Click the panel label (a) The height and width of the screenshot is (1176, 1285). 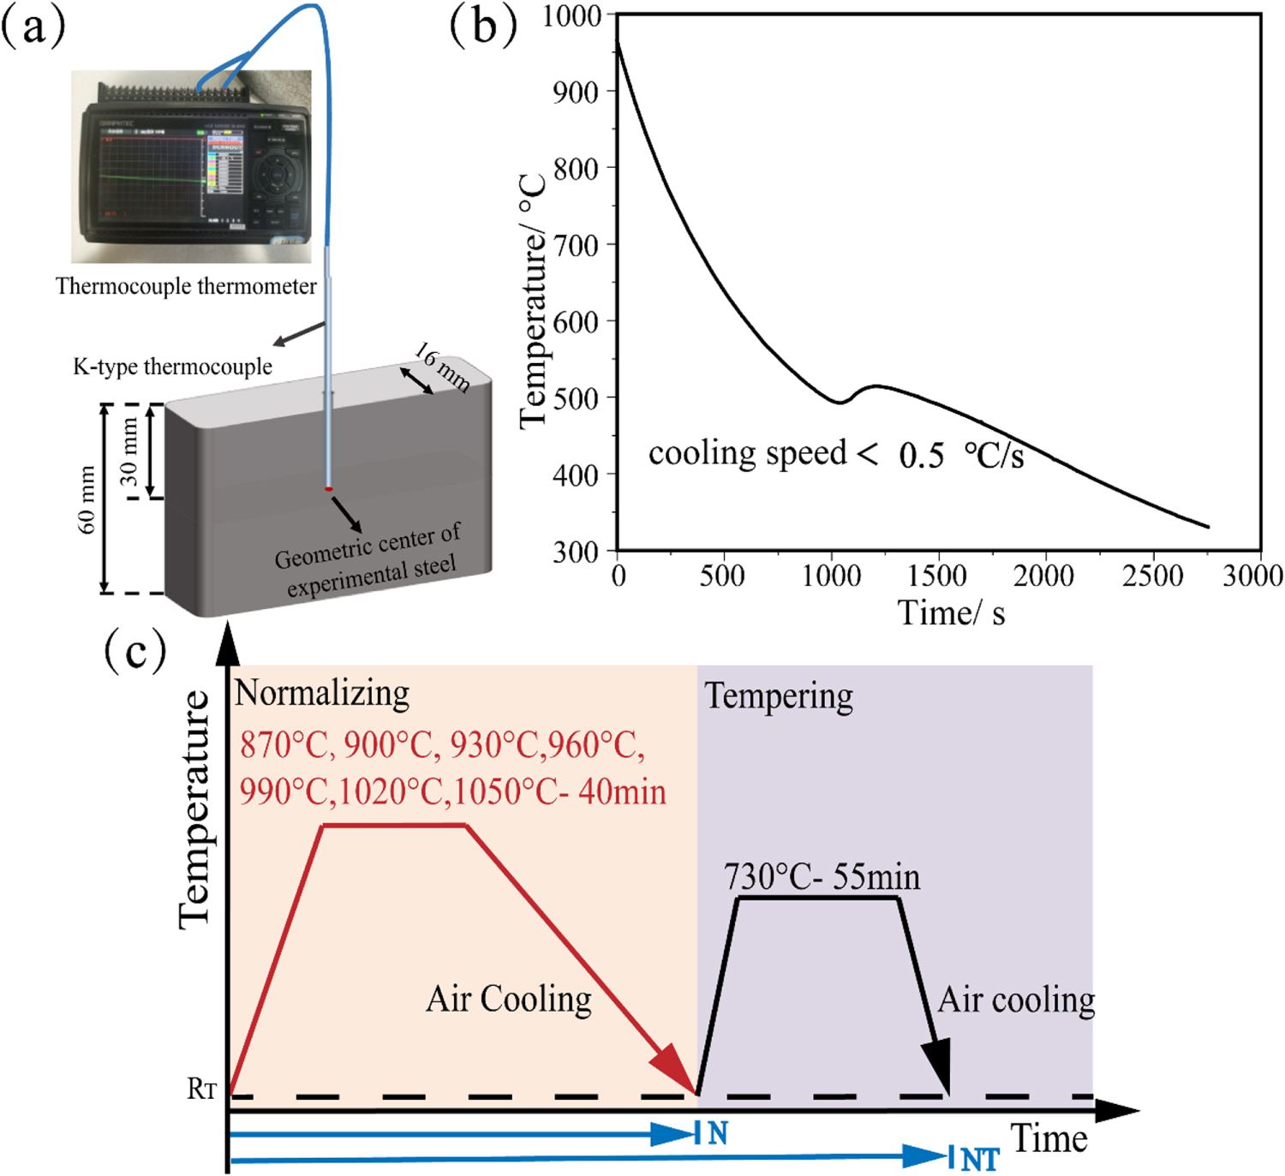point(33,27)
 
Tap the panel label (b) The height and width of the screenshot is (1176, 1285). point(483,26)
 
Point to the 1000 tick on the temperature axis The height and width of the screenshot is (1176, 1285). point(572,16)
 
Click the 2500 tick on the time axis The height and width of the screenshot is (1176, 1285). point(1152,576)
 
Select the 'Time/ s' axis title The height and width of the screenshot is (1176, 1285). point(951,613)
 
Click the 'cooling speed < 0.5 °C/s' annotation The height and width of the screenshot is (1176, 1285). point(835,454)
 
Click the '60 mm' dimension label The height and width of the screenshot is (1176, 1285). point(87,500)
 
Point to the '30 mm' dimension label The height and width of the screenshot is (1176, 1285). point(128,451)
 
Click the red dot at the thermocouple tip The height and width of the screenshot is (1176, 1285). point(329,489)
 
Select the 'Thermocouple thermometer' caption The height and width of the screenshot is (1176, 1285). point(186,286)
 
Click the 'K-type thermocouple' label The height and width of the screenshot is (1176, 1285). point(172,367)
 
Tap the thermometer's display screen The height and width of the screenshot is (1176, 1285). point(150,176)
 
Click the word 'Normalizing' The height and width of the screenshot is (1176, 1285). point(322,693)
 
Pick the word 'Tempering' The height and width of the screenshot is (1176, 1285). point(778,697)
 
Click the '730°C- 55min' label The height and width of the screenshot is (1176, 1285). point(822,877)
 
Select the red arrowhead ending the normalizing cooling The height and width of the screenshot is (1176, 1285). point(677,1071)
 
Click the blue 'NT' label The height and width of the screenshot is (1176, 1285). point(980,1160)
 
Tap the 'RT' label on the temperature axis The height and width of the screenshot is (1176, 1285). point(202,1089)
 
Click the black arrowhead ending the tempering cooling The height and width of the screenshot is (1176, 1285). point(939,1066)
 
